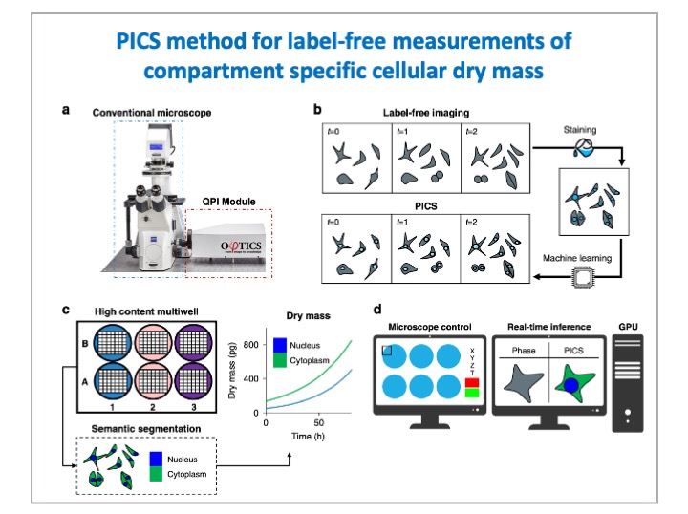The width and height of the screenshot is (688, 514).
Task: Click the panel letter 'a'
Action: (x=66, y=110)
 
